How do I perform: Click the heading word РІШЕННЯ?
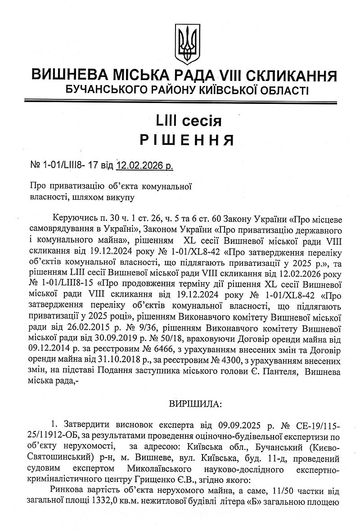[186, 140]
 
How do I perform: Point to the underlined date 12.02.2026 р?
[144, 166]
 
